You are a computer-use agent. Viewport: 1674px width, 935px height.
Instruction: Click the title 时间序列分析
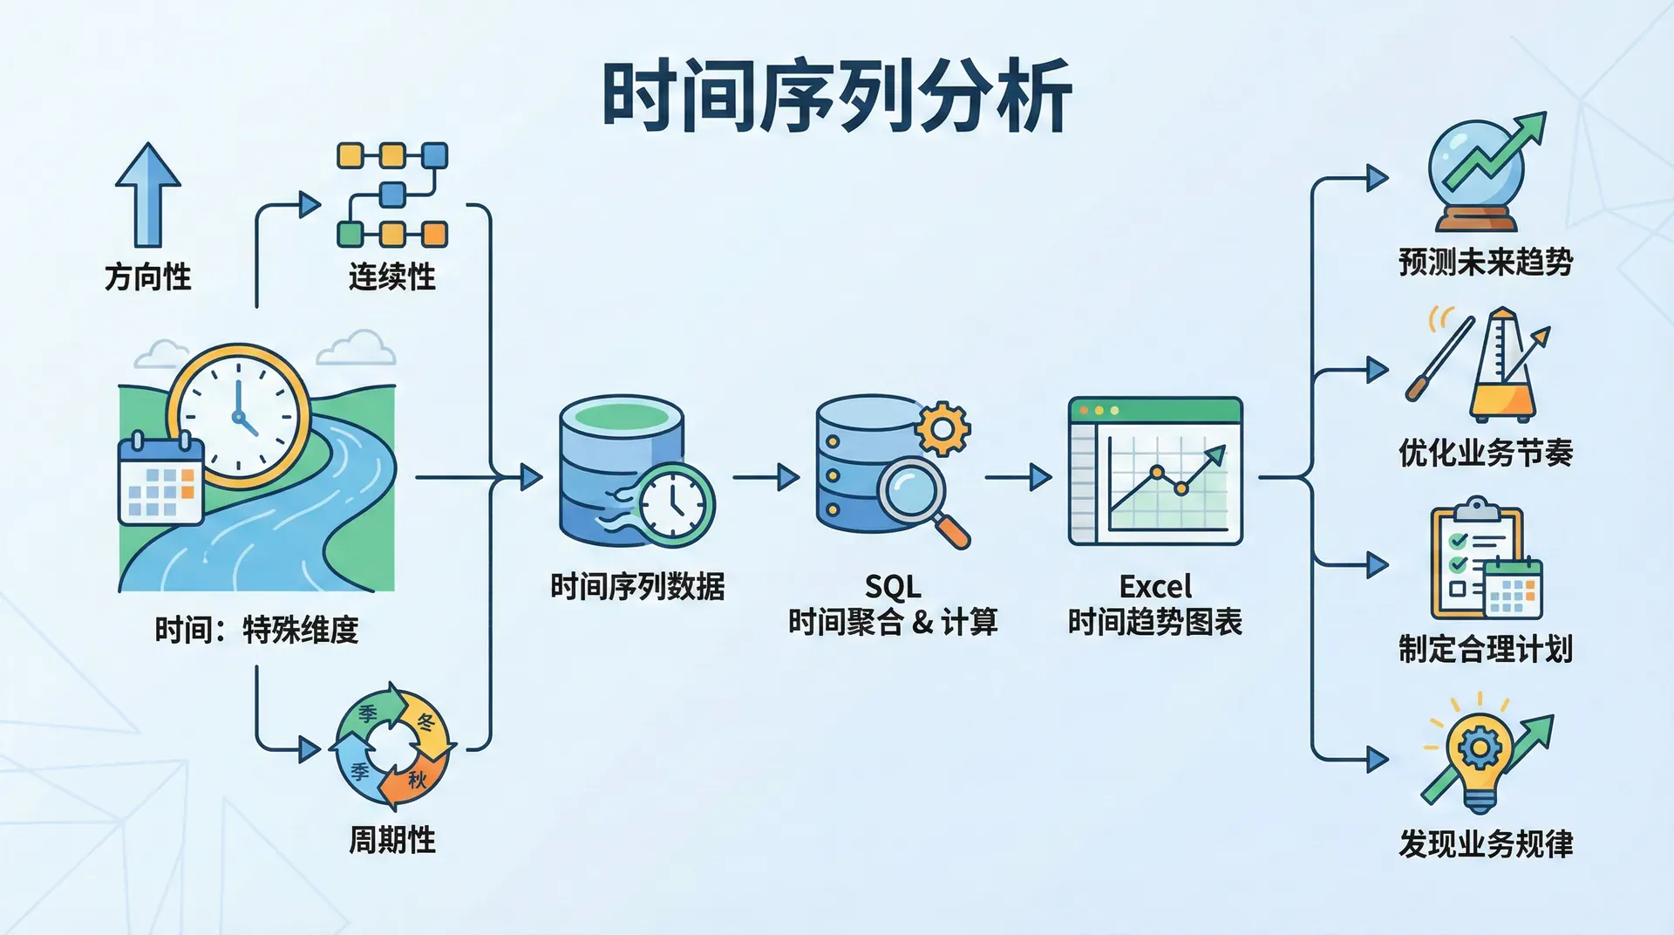pos(837,95)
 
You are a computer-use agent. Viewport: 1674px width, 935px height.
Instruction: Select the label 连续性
pos(391,276)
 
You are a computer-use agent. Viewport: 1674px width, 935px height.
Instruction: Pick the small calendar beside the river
pos(160,479)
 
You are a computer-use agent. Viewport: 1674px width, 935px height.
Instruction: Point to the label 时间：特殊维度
pos(256,630)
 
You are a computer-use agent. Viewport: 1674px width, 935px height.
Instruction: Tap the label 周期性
pos(391,840)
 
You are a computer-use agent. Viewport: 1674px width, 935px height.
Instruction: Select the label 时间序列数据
pos(637,586)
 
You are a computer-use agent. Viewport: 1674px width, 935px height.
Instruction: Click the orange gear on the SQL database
pos(942,428)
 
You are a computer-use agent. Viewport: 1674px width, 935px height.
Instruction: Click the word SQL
pos(893,586)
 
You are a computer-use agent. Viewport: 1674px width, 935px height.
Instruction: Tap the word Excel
pos(1155,586)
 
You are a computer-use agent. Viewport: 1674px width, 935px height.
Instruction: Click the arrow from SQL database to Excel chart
pos(1018,477)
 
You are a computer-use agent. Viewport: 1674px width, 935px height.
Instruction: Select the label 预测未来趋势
pos(1486,262)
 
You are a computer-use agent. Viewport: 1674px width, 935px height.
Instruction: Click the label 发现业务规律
pos(1486,843)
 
